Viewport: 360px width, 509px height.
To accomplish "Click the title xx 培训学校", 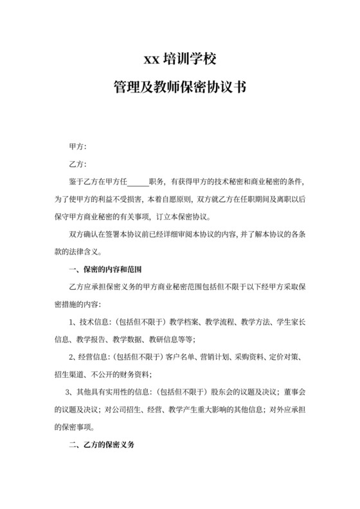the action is tap(179, 60).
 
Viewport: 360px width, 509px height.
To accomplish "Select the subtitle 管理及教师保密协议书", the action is tap(179, 87).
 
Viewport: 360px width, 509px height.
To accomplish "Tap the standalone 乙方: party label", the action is tap(78, 165).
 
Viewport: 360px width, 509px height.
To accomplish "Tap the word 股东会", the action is tap(220, 391).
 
